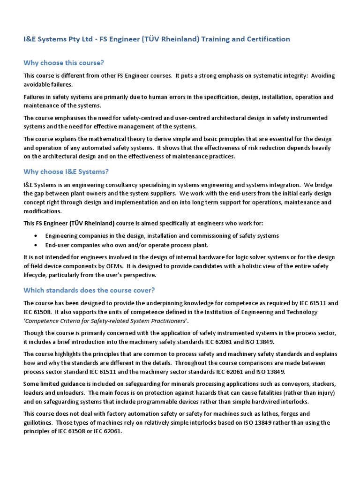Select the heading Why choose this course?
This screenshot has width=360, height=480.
pyautogui.click(x=64, y=63)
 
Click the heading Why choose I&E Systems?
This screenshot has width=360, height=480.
pyautogui.click(x=66, y=172)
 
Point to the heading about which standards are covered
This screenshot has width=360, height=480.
pyautogui.click(x=89, y=290)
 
